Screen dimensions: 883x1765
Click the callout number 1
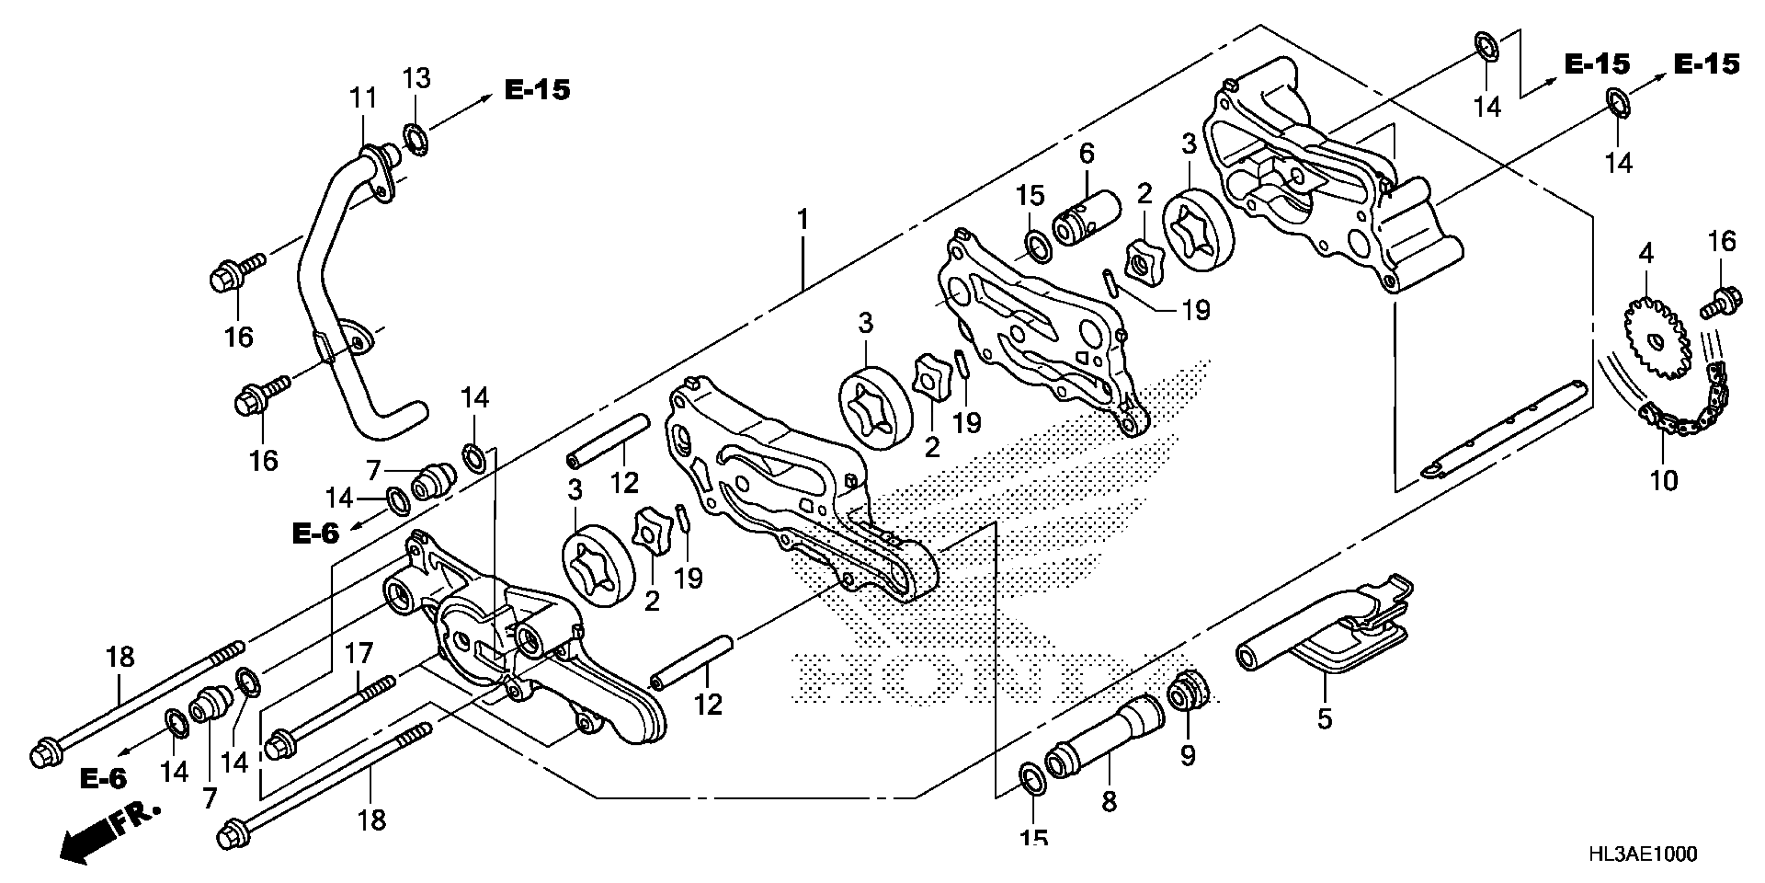[803, 220]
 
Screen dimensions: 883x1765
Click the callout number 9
[1187, 756]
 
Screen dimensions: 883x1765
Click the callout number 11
[364, 99]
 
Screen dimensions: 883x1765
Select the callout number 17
[358, 654]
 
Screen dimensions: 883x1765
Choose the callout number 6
[1088, 154]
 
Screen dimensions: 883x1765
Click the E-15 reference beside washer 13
[537, 90]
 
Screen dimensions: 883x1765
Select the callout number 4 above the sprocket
[1646, 253]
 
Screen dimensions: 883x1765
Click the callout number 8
[1109, 801]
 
